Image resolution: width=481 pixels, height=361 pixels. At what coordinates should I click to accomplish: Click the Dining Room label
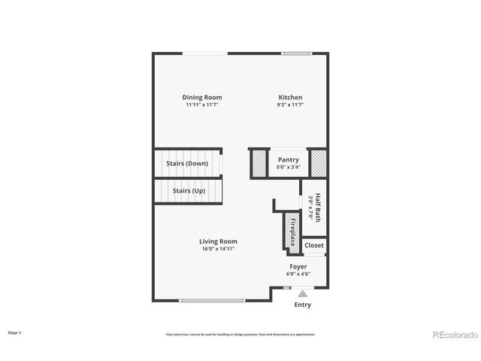pyautogui.click(x=202, y=97)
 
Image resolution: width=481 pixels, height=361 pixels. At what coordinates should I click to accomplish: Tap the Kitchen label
pyautogui.click(x=291, y=97)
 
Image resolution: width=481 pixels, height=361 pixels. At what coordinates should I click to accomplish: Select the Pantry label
pyautogui.click(x=289, y=159)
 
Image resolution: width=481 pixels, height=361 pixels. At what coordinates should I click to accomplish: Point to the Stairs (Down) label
pyautogui.click(x=187, y=163)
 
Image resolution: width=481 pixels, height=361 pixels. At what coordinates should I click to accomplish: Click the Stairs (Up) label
pyautogui.click(x=189, y=190)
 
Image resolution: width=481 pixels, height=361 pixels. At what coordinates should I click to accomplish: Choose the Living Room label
pyautogui.click(x=218, y=241)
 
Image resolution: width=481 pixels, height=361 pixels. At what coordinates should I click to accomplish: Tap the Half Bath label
pyautogui.click(x=318, y=207)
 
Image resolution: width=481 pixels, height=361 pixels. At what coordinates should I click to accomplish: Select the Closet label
pyautogui.click(x=314, y=245)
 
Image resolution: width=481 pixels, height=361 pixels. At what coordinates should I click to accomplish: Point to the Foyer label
pyautogui.click(x=298, y=266)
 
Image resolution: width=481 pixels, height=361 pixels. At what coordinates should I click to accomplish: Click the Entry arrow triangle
pyautogui.click(x=302, y=293)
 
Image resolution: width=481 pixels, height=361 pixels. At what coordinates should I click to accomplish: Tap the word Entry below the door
pyautogui.click(x=302, y=305)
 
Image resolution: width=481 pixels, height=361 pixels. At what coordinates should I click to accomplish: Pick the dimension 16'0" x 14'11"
pyautogui.click(x=218, y=249)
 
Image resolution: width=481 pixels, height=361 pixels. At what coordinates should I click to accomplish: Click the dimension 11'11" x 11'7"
pyautogui.click(x=202, y=105)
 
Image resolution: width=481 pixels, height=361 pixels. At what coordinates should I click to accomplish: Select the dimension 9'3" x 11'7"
pyautogui.click(x=291, y=105)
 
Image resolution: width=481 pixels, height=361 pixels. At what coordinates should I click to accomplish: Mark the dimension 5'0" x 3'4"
pyautogui.click(x=289, y=167)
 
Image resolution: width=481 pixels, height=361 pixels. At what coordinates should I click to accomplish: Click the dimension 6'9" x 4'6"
pyautogui.click(x=298, y=274)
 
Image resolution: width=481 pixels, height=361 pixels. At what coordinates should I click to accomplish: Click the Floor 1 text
pyautogui.click(x=15, y=332)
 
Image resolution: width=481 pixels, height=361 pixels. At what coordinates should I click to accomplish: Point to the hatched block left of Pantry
pyautogui.click(x=259, y=163)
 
